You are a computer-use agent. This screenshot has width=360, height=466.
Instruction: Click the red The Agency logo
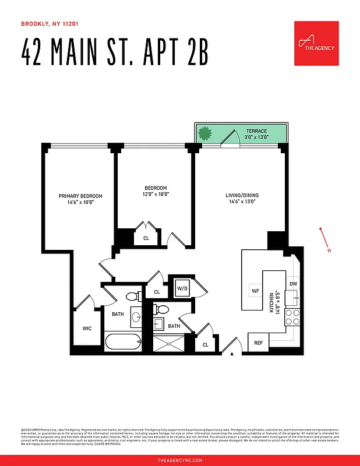tap(316, 44)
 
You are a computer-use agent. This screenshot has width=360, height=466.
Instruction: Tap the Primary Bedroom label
tap(80, 196)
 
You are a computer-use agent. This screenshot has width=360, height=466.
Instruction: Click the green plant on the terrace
tap(205, 134)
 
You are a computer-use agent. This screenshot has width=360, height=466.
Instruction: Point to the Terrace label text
tap(256, 132)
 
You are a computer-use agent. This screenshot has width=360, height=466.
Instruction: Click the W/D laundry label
tap(182, 288)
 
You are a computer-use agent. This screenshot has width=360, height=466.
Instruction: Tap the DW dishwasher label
tap(293, 284)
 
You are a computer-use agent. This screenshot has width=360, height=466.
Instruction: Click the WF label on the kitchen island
tap(255, 290)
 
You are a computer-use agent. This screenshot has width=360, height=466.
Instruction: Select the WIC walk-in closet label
tap(87, 329)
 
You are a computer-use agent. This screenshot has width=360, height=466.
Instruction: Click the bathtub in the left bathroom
tap(123, 342)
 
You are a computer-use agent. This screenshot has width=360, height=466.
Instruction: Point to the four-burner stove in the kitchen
tap(292, 317)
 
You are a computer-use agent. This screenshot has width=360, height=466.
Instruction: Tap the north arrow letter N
tap(329, 251)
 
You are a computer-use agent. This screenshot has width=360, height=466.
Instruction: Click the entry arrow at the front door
tap(232, 353)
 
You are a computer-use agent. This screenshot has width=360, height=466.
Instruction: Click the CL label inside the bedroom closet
tap(146, 238)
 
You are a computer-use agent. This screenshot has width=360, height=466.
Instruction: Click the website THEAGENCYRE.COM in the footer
tap(180, 460)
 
